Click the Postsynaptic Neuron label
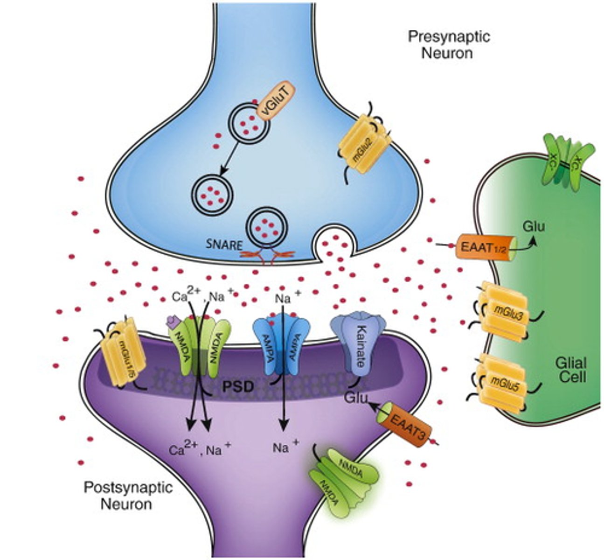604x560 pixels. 128,496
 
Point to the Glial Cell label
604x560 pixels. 571,369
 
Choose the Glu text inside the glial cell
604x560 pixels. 533,226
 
